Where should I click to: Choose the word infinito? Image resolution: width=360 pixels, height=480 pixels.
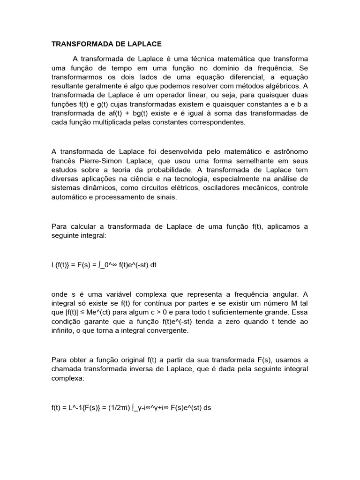pyautogui.click(x=62, y=330)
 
